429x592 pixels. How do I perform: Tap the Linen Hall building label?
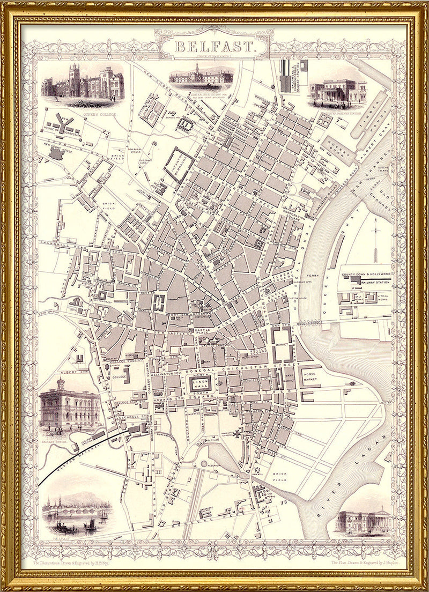[x=201, y=384]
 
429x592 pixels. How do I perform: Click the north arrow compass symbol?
[x=376, y=236]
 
